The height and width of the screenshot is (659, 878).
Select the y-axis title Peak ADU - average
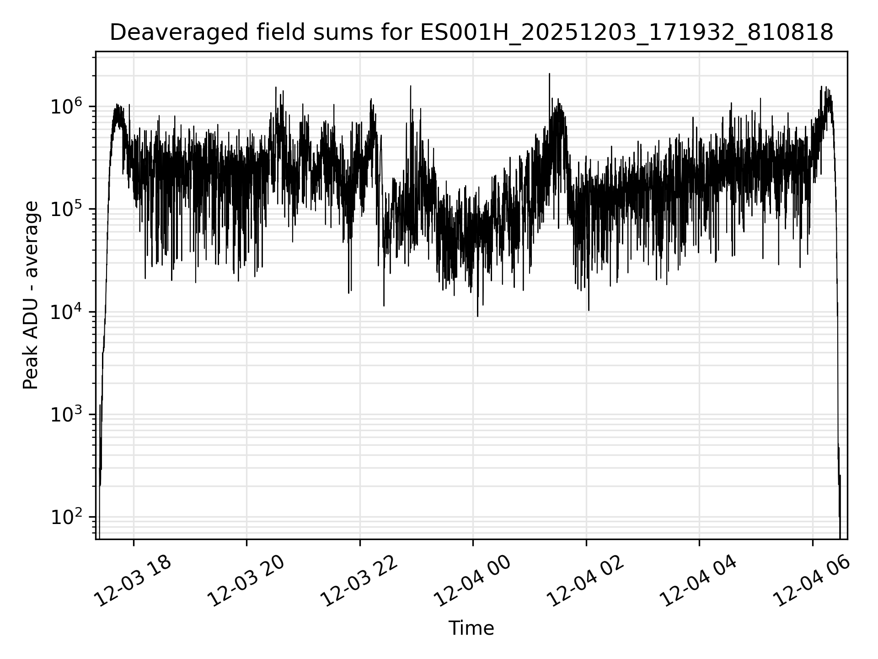pyautogui.click(x=31, y=296)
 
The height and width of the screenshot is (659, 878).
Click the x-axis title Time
pyautogui.click(x=471, y=629)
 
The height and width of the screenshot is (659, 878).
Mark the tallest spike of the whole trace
pyautogui.click(x=549, y=74)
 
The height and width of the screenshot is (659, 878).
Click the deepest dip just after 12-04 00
pyautogui.click(x=477, y=315)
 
